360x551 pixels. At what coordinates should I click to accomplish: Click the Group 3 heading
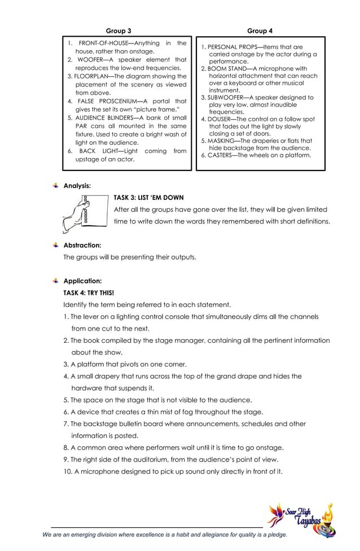[x=118, y=30]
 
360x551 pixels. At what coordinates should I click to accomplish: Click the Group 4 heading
[x=260, y=30]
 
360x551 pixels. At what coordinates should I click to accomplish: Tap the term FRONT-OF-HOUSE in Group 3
[x=104, y=43]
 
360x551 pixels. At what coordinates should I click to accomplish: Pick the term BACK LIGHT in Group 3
[x=100, y=151]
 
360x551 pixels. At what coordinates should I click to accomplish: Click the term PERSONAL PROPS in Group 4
[x=229, y=47]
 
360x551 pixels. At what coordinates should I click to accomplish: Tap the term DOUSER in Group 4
[x=220, y=119]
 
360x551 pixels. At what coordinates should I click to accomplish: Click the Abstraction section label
[x=82, y=246]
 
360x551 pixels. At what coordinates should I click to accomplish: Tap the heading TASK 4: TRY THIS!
[x=89, y=293]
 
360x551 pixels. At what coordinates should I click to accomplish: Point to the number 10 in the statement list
[x=68, y=471]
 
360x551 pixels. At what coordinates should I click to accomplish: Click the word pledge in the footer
[x=275, y=534]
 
